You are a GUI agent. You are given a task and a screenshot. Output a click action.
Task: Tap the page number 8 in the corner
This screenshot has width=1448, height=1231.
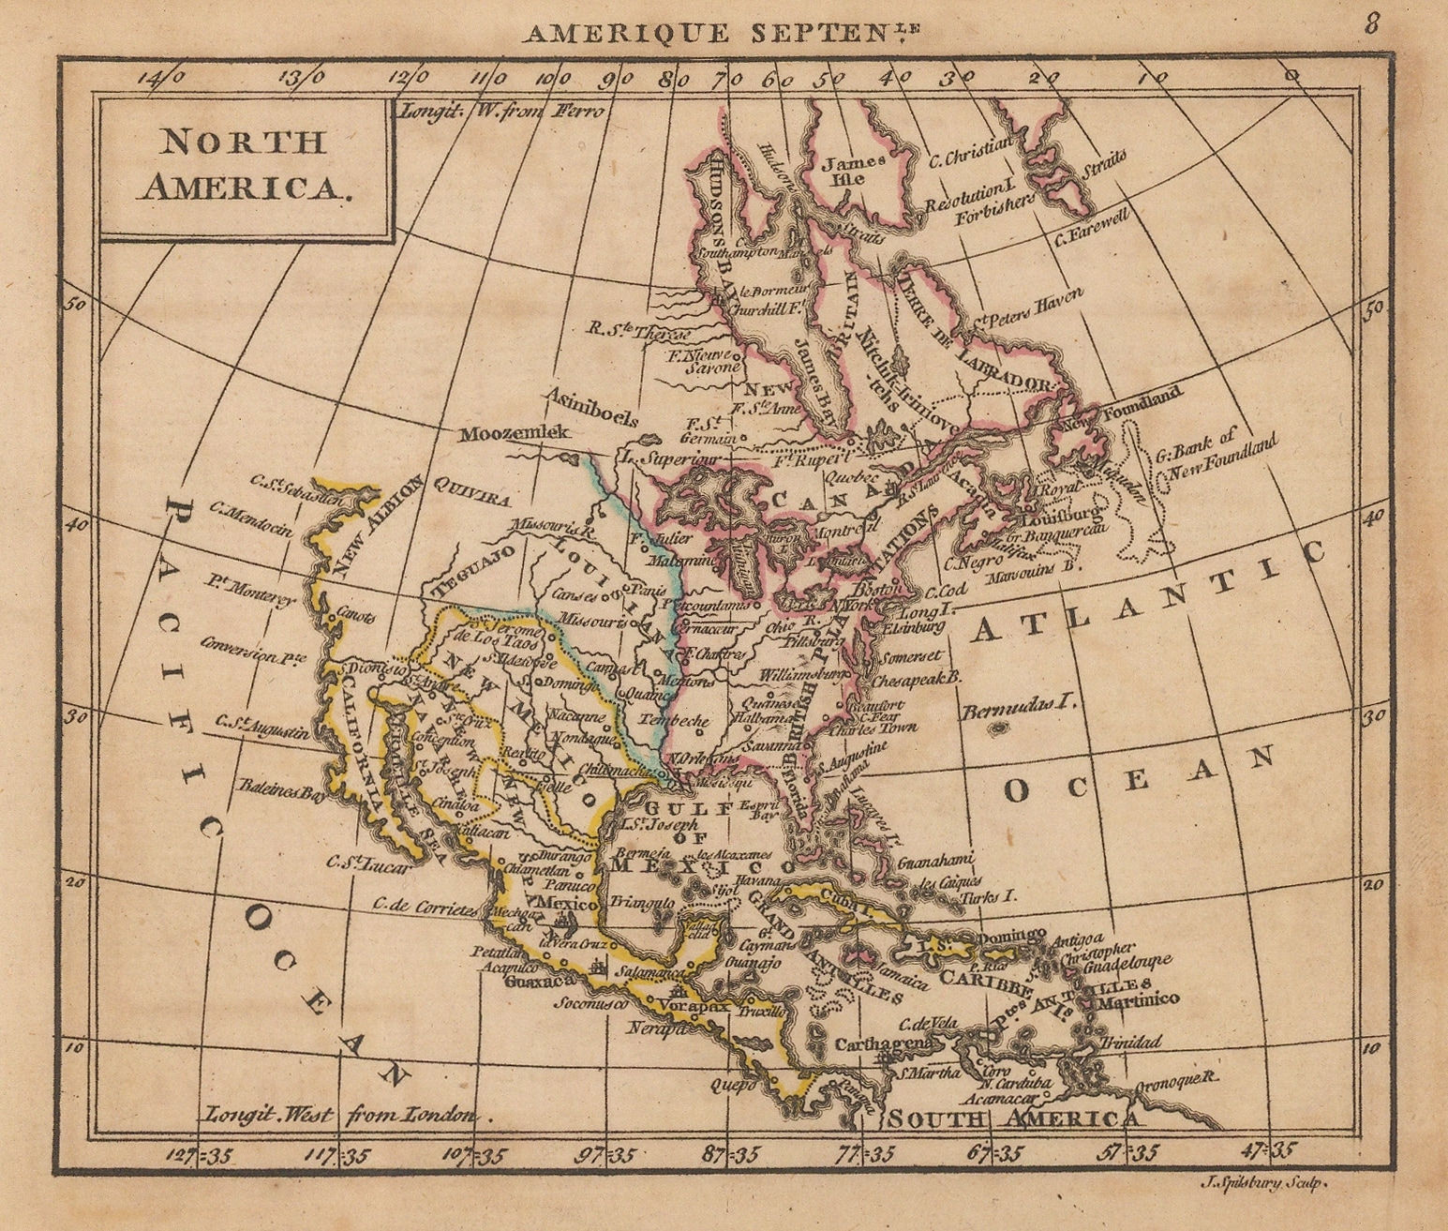(1371, 23)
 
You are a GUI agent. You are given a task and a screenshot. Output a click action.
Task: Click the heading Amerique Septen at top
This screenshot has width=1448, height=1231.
(720, 33)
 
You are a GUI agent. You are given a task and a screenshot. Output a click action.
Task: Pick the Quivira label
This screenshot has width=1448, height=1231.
(470, 490)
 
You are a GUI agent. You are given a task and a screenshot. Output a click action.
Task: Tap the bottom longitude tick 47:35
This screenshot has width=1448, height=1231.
(1271, 1150)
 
